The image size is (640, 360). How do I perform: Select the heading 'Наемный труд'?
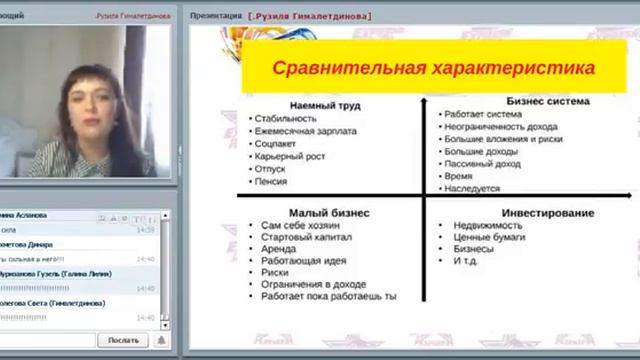pyautogui.click(x=325, y=105)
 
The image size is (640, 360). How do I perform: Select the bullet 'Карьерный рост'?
pyautogui.click(x=292, y=157)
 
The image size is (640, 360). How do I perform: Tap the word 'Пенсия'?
pyautogui.click(x=272, y=182)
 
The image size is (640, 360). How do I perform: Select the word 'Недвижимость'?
pyautogui.click(x=486, y=226)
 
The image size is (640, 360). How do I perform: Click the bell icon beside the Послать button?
pyautogui.click(x=159, y=340)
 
